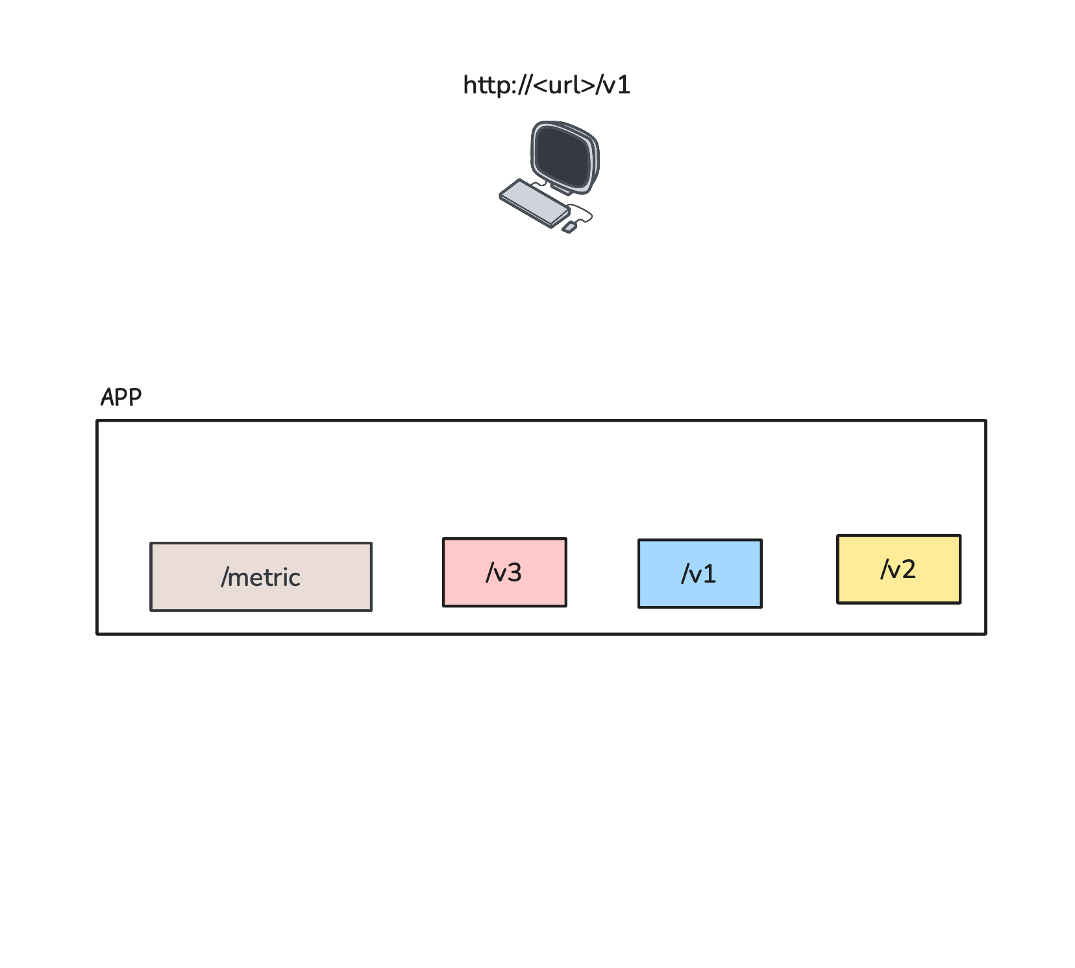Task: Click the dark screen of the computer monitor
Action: tap(563, 156)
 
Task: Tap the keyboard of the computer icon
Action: tap(534, 202)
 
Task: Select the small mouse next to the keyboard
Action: tap(569, 227)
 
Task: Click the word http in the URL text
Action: tap(484, 85)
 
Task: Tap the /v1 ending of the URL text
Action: tap(614, 85)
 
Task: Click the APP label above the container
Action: tap(121, 397)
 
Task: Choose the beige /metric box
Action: tap(261, 577)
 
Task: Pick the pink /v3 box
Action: tap(504, 572)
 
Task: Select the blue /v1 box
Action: tap(700, 574)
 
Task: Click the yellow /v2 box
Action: tap(898, 569)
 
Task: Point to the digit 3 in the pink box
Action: tap(514, 572)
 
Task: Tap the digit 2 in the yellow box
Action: tap(908, 569)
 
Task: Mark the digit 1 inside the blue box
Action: tap(710, 574)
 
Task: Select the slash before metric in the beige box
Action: tap(225, 577)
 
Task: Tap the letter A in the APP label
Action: tap(108, 397)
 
